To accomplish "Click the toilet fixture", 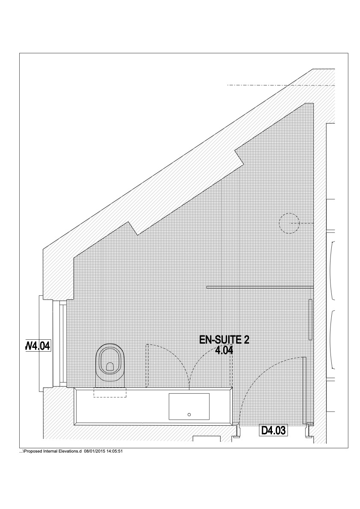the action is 111,365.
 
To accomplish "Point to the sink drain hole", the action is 189,415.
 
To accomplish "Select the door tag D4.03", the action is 273,430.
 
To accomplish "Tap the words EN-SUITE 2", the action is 224,340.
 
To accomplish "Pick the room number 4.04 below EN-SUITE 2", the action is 224,350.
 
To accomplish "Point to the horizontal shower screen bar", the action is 260,287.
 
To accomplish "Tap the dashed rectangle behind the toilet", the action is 110,392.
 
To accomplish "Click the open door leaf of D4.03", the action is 304,390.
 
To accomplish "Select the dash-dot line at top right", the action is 281,85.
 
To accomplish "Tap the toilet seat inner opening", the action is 110,367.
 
